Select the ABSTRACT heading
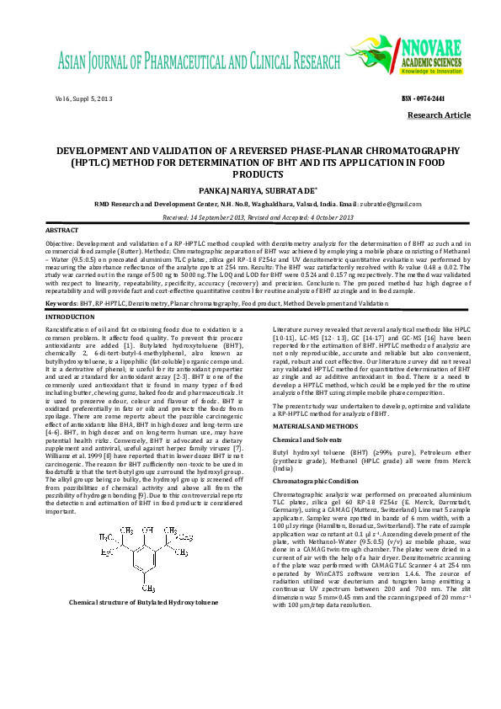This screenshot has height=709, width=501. pyautogui.click(x=61, y=230)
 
